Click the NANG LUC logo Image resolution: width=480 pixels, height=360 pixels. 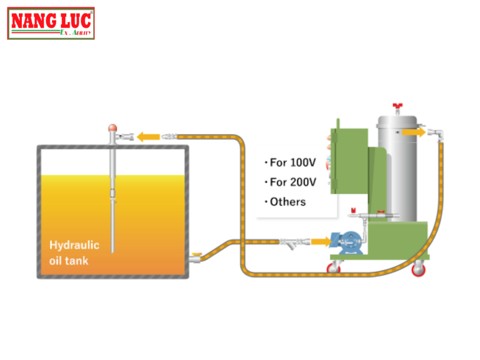coord(51,23)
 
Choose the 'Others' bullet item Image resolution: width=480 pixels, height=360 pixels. coord(287,202)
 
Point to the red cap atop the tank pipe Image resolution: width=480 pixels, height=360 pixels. coord(112,127)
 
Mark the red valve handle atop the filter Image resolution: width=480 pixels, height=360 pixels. coord(398,106)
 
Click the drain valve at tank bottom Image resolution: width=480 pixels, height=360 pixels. coord(195,257)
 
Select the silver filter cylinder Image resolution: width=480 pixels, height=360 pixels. coord(397,169)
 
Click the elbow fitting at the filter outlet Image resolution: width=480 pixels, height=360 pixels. coord(438,134)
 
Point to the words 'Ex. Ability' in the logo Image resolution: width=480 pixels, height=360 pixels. coord(75,32)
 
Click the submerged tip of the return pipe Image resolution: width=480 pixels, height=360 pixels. coord(112,248)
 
